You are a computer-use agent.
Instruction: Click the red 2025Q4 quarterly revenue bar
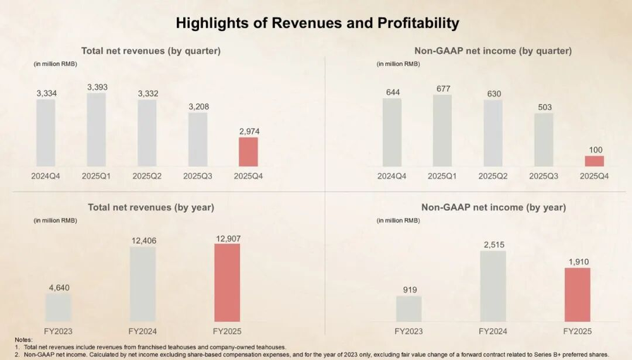pyautogui.click(x=248, y=152)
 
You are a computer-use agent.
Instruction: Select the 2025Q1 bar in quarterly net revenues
pyautogui.click(x=96, y=129)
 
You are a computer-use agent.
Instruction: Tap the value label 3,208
pyautogui.click(x=198, y=107)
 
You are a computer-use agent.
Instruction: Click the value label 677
pyautogui.click(x=442, y=89)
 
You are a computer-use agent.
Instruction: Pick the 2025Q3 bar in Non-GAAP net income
pyautogui.click(x=544, y=140)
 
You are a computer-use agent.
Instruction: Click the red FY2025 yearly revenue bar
pyautogui.click(x=228, y=282)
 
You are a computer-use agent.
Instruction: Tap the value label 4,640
pyautogui.click(x=59, y=288)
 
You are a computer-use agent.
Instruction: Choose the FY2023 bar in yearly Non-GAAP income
pyautogui.click(x=409, y=308)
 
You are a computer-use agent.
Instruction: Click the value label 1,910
pyautogui.click(x=578, y=261)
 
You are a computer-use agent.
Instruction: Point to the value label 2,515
pyautogui.click(x=493, y=245)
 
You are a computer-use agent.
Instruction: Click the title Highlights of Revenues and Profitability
pyautogui.click(x=317, y=23)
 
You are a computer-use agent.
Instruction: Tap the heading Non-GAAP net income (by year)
pyautogui.click(x=494, y=207)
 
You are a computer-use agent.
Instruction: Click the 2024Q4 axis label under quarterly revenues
pyautogui.click(x=46, y=176)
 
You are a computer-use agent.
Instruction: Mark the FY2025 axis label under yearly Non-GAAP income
pyautogui.click(x=577, y=331)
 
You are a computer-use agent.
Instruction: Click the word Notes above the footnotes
pyautogui.click(x=23, y=340)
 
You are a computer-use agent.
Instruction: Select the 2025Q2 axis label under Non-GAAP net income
pyautogui.click(x=493, y=176)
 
